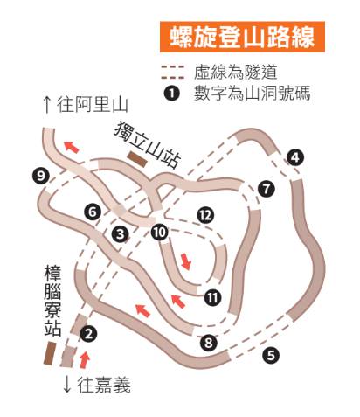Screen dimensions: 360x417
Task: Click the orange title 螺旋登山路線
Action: tap(242, 37)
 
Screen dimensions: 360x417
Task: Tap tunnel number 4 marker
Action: tap(295, 157)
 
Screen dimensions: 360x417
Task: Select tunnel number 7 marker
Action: tap(267, 189)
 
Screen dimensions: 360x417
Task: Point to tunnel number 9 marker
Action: tap(41, 176)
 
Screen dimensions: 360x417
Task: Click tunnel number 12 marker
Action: tap(205, 215)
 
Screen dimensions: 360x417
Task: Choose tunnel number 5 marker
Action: tap(271, 355)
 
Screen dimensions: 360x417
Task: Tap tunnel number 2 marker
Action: tap(88, 333)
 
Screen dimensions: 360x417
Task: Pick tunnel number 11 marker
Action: tap(212, 297)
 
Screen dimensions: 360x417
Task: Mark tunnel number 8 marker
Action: tap(209, 343)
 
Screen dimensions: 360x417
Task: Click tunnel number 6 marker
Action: tap(93, 212)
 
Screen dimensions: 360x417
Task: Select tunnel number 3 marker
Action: tap(121, 233)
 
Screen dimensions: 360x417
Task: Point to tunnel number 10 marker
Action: tap(160, 233)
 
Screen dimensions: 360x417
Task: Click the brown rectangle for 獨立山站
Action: tap(137, 159)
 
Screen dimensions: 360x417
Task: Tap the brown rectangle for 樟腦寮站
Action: tap(50, 353)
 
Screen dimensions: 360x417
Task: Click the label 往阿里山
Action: tap(86, 106)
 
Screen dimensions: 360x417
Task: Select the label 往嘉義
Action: tap(97, 386)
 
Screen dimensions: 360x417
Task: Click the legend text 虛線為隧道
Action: tap(235, 72)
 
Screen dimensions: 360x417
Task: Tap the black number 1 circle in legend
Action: tap(171, 94)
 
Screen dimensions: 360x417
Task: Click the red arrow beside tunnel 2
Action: tap(85, 360)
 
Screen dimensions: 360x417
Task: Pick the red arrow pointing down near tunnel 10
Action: tap(186, 261)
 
